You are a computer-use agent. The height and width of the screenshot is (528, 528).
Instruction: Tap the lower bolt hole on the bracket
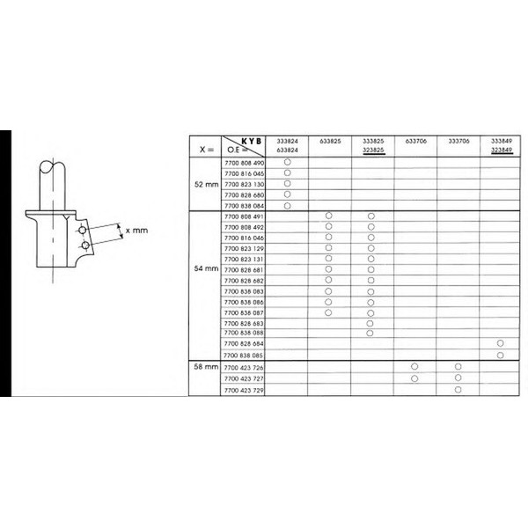pos(83,244)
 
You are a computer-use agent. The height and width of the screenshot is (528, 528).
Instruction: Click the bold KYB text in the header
pos(253,140)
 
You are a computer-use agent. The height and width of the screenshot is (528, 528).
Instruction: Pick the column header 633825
pos(329,141)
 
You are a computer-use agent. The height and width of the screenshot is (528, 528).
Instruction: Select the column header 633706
pos(414,141)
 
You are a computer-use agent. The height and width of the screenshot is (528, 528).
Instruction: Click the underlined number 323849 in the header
pos(501,150)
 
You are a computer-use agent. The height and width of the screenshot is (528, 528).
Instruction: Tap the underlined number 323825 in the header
pos(372,150)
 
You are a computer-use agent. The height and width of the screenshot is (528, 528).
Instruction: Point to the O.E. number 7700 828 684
pos(246,343)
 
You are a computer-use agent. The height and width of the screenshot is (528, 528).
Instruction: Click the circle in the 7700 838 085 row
pos(501,355)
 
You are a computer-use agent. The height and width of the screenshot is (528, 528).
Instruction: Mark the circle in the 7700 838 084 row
pos(287,205)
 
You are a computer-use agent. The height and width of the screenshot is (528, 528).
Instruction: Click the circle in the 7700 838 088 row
pos(371,333)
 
